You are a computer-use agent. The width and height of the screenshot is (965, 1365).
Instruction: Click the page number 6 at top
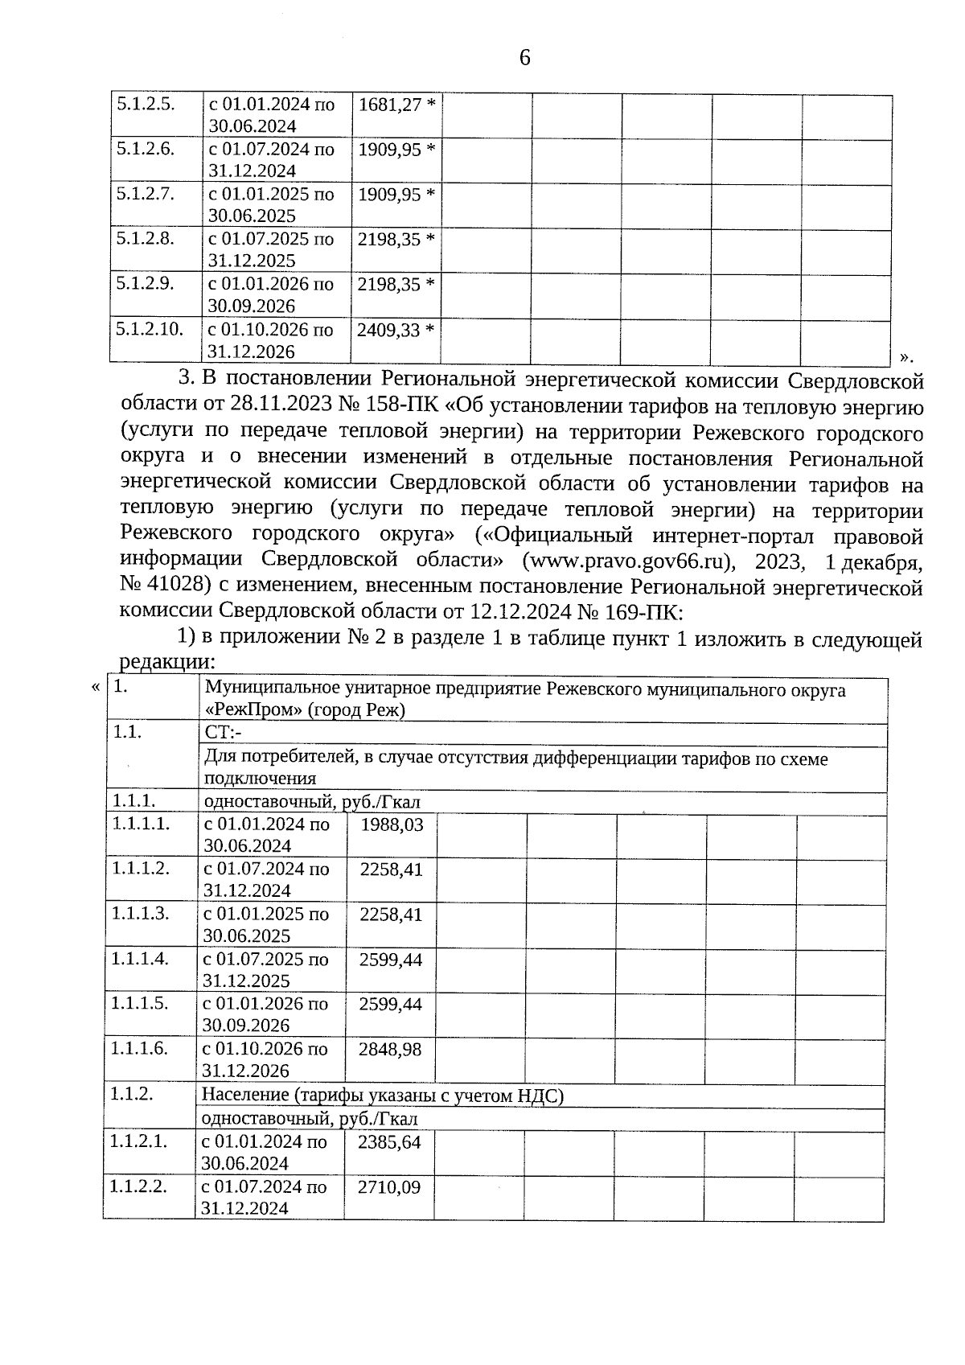point(524,58)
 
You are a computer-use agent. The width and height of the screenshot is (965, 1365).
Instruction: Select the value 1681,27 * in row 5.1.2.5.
point(396,105)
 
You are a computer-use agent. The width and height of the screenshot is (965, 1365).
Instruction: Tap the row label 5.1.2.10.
point(150,329)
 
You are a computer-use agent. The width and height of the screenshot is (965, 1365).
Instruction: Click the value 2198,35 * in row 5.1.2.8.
point(396,240)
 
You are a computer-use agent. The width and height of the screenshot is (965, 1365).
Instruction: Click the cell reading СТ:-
point(223,733)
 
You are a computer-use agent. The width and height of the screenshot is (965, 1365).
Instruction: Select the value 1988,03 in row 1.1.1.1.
point(392,825)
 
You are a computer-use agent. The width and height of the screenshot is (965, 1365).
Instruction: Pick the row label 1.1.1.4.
point(140,959)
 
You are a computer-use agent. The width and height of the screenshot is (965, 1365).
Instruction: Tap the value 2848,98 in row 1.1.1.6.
point(391,1050)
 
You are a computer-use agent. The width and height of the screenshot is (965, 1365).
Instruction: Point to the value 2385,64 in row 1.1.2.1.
point(390,1142)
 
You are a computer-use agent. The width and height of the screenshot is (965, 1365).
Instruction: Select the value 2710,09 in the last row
point(390,1187)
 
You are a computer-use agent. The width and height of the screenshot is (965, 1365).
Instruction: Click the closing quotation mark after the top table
point(906,356)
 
